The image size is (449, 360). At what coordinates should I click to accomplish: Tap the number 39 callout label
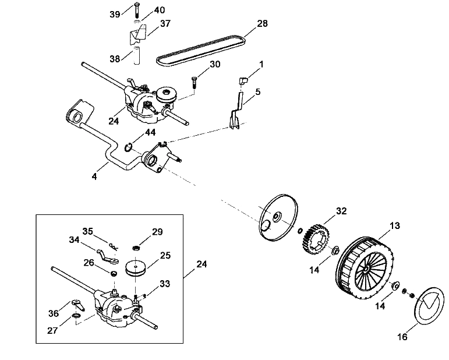tap(115, 15)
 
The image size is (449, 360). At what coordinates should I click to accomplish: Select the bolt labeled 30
tap(194, 83)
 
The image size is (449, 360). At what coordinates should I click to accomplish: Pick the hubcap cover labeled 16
tap(429, 306)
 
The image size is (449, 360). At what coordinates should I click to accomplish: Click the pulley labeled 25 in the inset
tap(136, 269)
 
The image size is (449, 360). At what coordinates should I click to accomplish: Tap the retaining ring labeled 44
tap(128, 148)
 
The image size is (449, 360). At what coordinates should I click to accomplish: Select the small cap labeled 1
tap(243, 81)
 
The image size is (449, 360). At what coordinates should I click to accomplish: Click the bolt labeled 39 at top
tap(137, 11)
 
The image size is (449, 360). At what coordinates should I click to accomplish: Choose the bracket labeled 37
tap(137, 34)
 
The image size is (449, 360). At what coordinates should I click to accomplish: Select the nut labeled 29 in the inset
tap(136, 247)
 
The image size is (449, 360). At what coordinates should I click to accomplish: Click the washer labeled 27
tap(76, 316)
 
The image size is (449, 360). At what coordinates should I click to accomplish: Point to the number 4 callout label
tap(94, 176)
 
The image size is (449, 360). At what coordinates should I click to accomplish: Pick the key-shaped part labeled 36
tap(79, 305)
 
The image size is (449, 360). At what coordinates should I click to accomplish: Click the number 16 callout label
tap(402, 337)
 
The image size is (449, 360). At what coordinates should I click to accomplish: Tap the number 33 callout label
tap(165, 284)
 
